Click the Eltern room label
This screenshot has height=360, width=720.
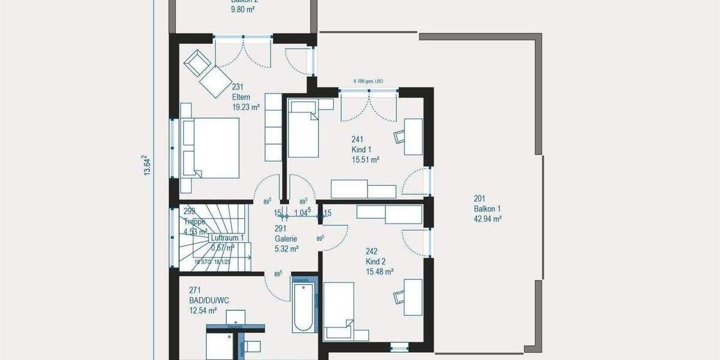pyautogui.click(x=241, y=97)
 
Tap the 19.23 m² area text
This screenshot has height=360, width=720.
pyautogui.click(x=246, y=107)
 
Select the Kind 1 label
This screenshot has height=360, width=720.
pyautogui.click(x=361, y=149)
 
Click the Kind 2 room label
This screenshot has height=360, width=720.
pyautogui.click(x=376, y=262)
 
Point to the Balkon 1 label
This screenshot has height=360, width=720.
pyautogui.click(x=487, y=209)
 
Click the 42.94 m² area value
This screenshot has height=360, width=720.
pyautogui.click(x=487, y=219)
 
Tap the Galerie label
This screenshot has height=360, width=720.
pyautogui.click(x=286, y=238)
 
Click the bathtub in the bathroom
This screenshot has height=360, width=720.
pyautogui.click(x=303, y=307)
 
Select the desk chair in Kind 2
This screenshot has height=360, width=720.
pyautogui.click(x=400, y=296)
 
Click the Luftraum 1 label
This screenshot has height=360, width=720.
pyautogui.click(x=227, y=238)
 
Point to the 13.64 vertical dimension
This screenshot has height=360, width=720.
pyautogui.click(x=146, y=166)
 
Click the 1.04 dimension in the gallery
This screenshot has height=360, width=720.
pyautogui.click(x=302, y=213)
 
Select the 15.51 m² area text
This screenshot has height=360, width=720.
pyautogui.click(x=365, y=160)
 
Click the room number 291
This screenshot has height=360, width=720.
pyautogui.click(x=280, y=228)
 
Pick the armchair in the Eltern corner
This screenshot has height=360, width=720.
pyautogui.click(x=197, y=62)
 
